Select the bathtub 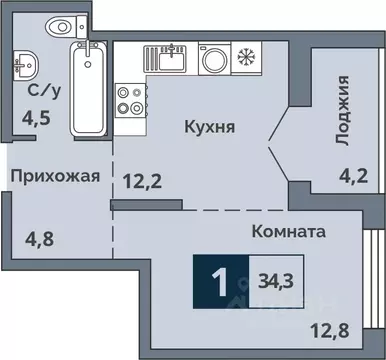tap(88, 88)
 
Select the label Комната tap(290, 231)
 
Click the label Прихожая tap(55, 177)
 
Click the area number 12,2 tap(144, 182)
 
